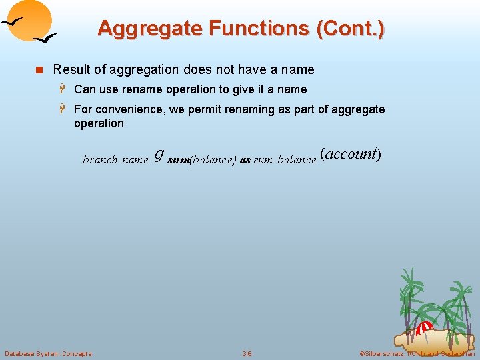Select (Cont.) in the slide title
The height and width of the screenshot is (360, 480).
pos(351,28)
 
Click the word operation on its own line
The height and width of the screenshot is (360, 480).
pos(99,123)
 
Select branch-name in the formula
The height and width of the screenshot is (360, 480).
pos(115,159)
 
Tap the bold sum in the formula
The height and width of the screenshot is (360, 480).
pos(179,160)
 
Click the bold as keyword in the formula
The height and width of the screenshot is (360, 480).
pos(245,160)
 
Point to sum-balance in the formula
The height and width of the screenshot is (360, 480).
pos(285,160)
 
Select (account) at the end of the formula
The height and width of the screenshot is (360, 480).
pos(351,154)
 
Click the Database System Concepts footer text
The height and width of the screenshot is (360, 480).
pos(48,353)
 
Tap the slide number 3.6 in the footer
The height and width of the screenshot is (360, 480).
pos(247,353)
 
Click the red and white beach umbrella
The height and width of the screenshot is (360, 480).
pos(423,327)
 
